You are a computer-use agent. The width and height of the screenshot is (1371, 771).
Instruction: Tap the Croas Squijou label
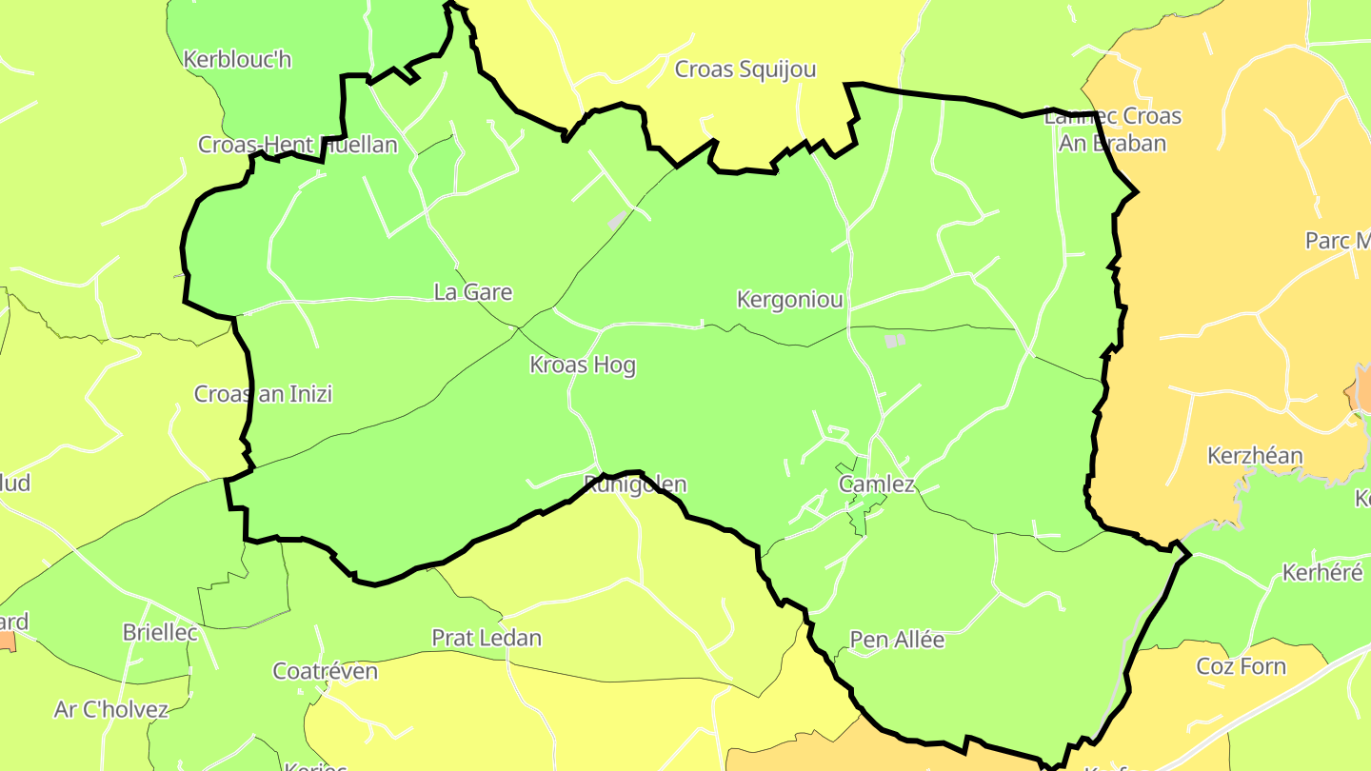(745, 69)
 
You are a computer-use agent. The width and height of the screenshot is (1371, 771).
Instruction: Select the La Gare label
(473, 292)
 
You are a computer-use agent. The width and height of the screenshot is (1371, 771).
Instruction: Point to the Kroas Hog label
(583, 366)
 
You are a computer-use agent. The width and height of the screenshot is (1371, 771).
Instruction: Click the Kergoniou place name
(790, 300)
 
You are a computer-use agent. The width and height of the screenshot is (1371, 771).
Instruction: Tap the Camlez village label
(877, 484)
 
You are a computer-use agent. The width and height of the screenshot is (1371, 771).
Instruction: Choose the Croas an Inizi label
(264, 394)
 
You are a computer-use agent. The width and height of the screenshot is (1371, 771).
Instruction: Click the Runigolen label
(635, 484)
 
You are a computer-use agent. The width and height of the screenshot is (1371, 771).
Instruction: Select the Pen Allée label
(897, 640)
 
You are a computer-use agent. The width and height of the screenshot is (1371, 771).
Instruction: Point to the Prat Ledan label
(487, 638)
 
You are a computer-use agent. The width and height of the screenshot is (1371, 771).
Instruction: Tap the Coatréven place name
(326, 671)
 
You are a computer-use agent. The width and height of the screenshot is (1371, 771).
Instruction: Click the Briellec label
(160, 632)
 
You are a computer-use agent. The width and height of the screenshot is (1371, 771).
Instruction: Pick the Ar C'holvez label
(111, 709)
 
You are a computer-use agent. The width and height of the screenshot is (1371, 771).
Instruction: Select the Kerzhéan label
(1255, 456)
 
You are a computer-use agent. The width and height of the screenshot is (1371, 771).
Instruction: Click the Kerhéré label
(1322, 573)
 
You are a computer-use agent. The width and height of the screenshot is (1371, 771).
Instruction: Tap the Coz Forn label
(1242, 666)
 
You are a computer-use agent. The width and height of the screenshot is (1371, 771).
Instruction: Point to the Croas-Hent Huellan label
(297, 145)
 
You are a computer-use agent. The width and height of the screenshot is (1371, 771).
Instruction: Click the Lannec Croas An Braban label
(1113, 129)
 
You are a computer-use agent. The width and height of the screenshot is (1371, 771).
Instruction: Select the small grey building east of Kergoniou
(895, 340)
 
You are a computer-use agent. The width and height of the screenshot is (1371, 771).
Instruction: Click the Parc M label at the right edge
(1338, 241)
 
